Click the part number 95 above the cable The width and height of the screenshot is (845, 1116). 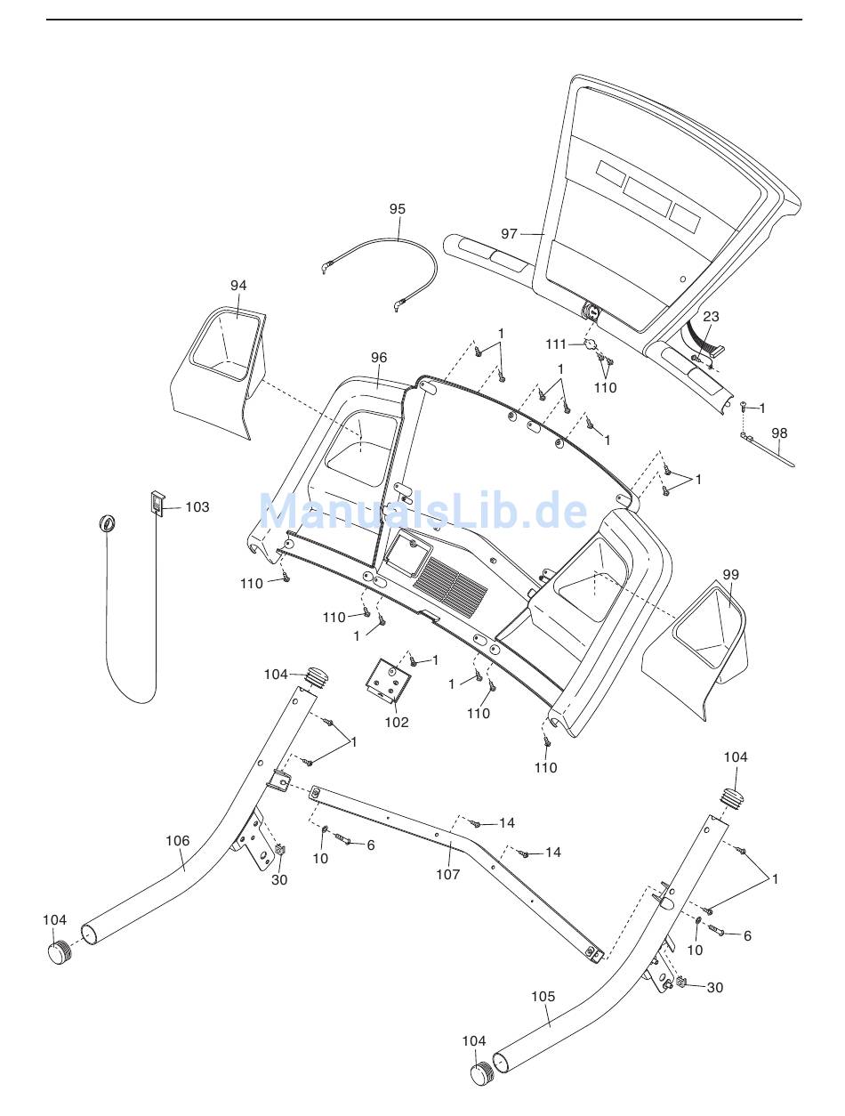click(398, 209)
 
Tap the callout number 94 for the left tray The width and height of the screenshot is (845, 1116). click(238, 286)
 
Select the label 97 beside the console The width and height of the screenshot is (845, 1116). click(509, 234)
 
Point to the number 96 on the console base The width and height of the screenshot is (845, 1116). click(379, 358)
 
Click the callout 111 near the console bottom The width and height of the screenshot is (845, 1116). click(555, 344)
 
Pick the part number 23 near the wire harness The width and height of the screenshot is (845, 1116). click(711, 317)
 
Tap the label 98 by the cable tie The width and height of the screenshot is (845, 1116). click(779, 433)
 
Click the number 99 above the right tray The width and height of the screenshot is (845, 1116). click(730, 575)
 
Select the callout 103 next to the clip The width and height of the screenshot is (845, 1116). click(197, 507)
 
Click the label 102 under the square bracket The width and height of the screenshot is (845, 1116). click(397, 722)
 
